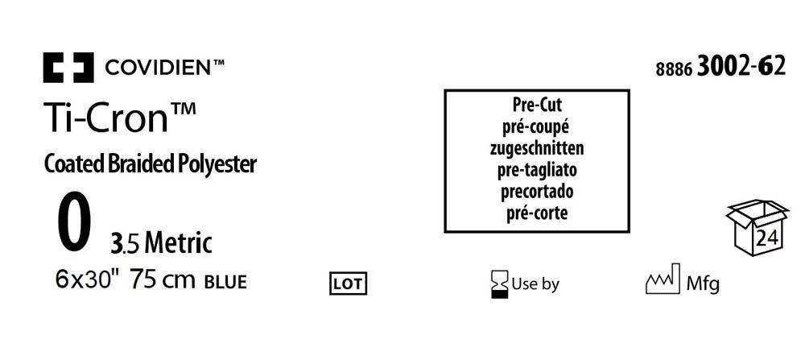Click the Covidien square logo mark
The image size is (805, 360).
click(68, 68)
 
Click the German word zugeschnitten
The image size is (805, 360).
click(536, 148)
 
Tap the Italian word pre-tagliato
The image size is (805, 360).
click(536, 170)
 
